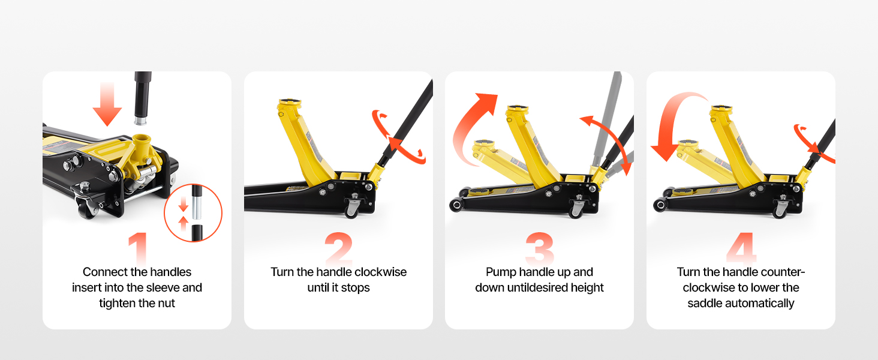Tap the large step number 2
[x=339, y=248]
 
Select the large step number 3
[x=540, y=248]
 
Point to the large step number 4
[x=741, y=248]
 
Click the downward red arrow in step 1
[x=107, y=104]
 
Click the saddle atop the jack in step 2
[x=290, y=103]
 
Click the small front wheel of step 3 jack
[x=456, y=205]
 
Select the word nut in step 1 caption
[x=166, y=303]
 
